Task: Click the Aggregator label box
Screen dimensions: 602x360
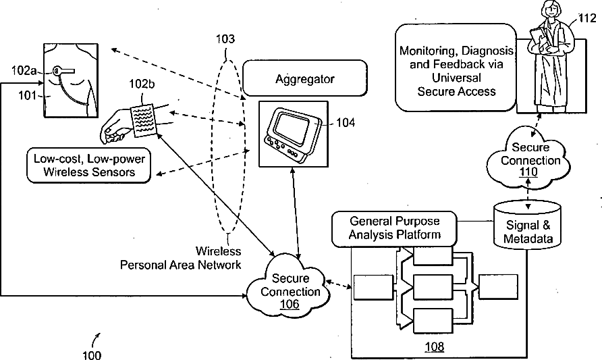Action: (305, 78)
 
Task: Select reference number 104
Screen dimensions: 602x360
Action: (346, 122)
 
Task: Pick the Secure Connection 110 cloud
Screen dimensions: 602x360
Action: (529, 159)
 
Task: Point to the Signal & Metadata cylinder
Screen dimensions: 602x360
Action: (528, 225)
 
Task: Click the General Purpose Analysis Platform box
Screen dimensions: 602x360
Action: (394, 228)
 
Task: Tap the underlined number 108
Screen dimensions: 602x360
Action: (434, 346)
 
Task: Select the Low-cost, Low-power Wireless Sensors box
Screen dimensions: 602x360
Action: (88, 165)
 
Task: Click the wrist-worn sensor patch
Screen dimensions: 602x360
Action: (144, 121)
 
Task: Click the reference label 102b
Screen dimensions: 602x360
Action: (142, 84)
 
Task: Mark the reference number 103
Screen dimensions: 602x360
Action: (225, 38)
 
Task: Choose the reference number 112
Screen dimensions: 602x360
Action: (587, 18)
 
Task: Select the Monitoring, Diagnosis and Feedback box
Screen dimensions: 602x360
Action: (456, 68)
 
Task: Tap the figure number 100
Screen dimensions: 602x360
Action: (92, 354)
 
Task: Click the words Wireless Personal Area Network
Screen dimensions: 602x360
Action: (180, 258)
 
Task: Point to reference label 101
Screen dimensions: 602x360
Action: (27, 95)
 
